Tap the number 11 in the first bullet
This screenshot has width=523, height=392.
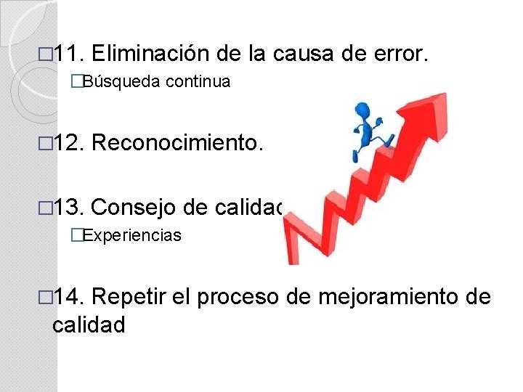[x=72, y=52]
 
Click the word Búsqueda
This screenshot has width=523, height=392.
[x=122, y=82]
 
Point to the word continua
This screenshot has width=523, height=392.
[x=198, y=82]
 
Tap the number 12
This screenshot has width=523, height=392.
[x=72, y=144]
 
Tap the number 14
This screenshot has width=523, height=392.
[x=72, y=297]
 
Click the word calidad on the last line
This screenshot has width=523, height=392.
[x=89, y=324]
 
